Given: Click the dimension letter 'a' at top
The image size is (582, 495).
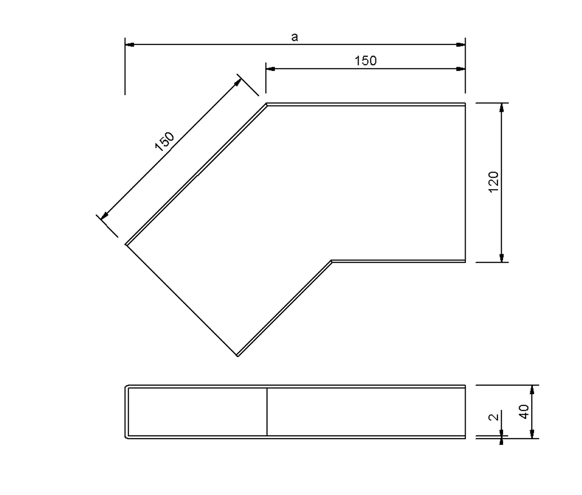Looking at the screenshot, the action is (x=294, y=37).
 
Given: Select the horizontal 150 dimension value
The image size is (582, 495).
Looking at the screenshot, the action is (x=366, y=61).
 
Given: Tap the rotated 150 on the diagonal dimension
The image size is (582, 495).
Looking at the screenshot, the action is (x=165, y=141).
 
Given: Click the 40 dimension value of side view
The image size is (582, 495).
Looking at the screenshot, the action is (x=524, y=411).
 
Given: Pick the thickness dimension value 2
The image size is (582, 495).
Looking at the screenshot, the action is (x=494, y=417).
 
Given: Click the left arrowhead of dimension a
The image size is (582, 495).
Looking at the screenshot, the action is (x=130, y=45).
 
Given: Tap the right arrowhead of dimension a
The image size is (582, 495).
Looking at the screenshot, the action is (x=460, y=45).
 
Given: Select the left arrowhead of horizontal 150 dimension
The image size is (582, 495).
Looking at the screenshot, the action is (x=271, y=69).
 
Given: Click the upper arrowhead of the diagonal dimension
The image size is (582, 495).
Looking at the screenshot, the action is (x=238, y=82).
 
